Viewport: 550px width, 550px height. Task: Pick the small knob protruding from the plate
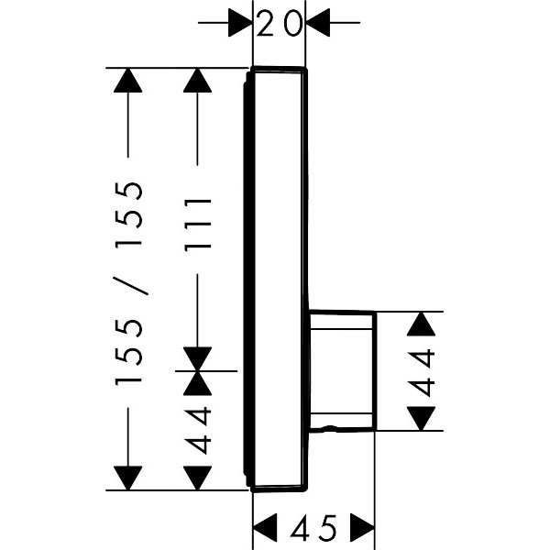tap(342, 370)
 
